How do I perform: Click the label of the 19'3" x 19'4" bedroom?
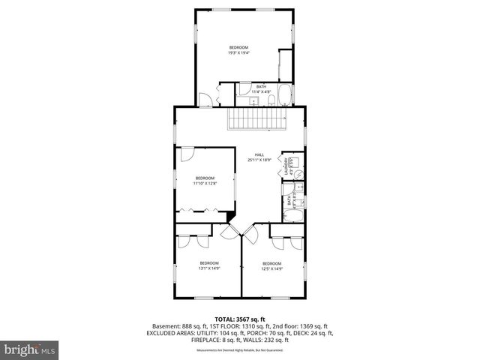coord(238,50)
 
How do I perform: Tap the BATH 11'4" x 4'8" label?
coord(261,89)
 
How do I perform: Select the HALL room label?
coord(259,157)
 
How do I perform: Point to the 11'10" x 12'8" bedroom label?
coord(204,181)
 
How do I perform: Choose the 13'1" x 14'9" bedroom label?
coord(208,265)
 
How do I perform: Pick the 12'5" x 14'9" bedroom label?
coord(271,265)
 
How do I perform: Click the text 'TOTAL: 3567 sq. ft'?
coord(240,319)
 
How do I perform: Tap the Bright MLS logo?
coord(29,349)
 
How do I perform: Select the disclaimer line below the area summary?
coord(240,350)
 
